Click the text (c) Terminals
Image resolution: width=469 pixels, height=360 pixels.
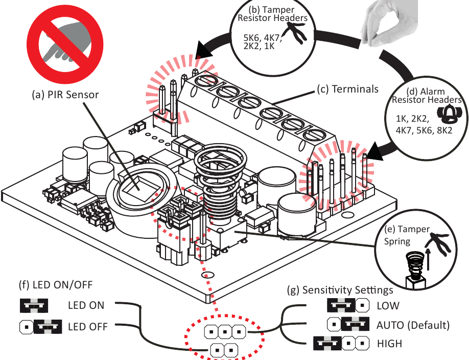pyautogui.click(x=348, y=89)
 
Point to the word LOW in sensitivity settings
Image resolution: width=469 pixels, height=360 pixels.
pyautogui.click(x=388, y=306)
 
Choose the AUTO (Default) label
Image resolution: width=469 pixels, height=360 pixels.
pyautogui.click(x=413, y=325)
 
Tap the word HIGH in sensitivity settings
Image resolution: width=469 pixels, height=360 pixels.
pyautogui.click(x=389, y=344)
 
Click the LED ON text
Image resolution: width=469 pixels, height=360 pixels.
pyautogui.click(x=86, y=305)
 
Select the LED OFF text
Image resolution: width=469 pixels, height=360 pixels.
pyautogui.click(x=87, y=325)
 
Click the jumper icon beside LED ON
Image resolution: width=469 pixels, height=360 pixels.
pyautogui.click(x=34, y=306)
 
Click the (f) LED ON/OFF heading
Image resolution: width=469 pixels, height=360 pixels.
pyautogui.click(x=48, y=285)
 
